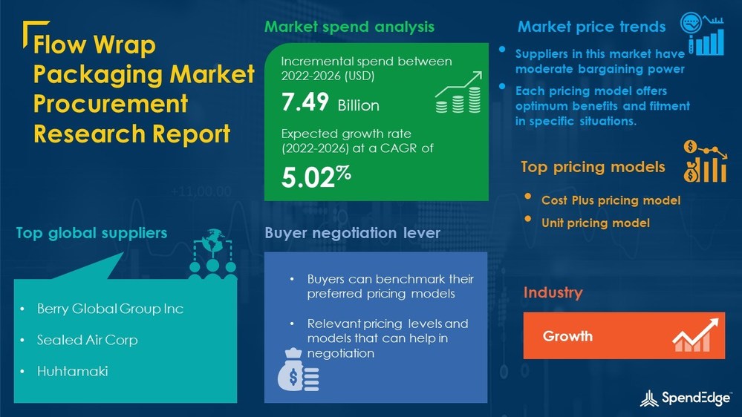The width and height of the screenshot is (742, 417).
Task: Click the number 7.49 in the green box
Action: tap(305, 102)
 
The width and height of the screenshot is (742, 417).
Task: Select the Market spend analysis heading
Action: tap(349, 27)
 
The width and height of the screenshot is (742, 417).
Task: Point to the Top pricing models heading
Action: tap(593, 167)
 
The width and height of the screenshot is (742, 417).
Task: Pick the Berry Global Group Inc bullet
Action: tap(110, 309)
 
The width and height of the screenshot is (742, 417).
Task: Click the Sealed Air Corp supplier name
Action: tap(87, 340)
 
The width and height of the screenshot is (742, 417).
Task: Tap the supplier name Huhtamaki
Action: tap(72, 370)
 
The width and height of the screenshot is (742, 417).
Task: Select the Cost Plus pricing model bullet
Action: tap(611, 200)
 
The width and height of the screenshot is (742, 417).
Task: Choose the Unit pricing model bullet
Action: tap(595, 223)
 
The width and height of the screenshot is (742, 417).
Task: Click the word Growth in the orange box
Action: tap(567, 336)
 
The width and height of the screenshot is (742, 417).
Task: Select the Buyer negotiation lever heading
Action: tap(352, 233)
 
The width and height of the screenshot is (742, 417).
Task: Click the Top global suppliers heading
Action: tap(91, 233)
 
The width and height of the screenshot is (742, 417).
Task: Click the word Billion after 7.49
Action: tap(358, 105)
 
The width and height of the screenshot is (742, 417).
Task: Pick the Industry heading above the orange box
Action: tap(553, 292)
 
